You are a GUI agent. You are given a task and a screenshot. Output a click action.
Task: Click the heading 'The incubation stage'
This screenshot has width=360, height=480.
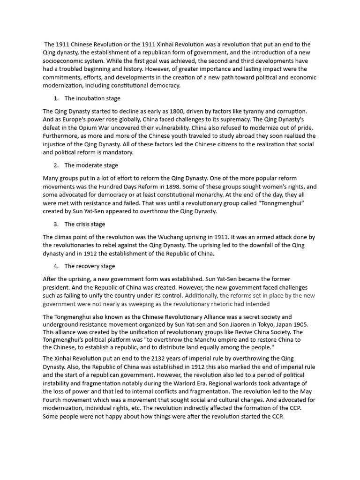pos(92,98)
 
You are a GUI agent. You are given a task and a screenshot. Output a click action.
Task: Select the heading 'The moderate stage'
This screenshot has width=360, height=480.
pos(91,165)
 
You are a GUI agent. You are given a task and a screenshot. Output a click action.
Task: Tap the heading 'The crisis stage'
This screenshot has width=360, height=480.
pos(85,224)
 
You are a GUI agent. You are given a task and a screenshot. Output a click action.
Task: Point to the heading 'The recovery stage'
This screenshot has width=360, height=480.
pos(90,266)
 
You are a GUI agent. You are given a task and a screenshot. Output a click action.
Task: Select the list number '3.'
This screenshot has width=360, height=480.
pos(56,224)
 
